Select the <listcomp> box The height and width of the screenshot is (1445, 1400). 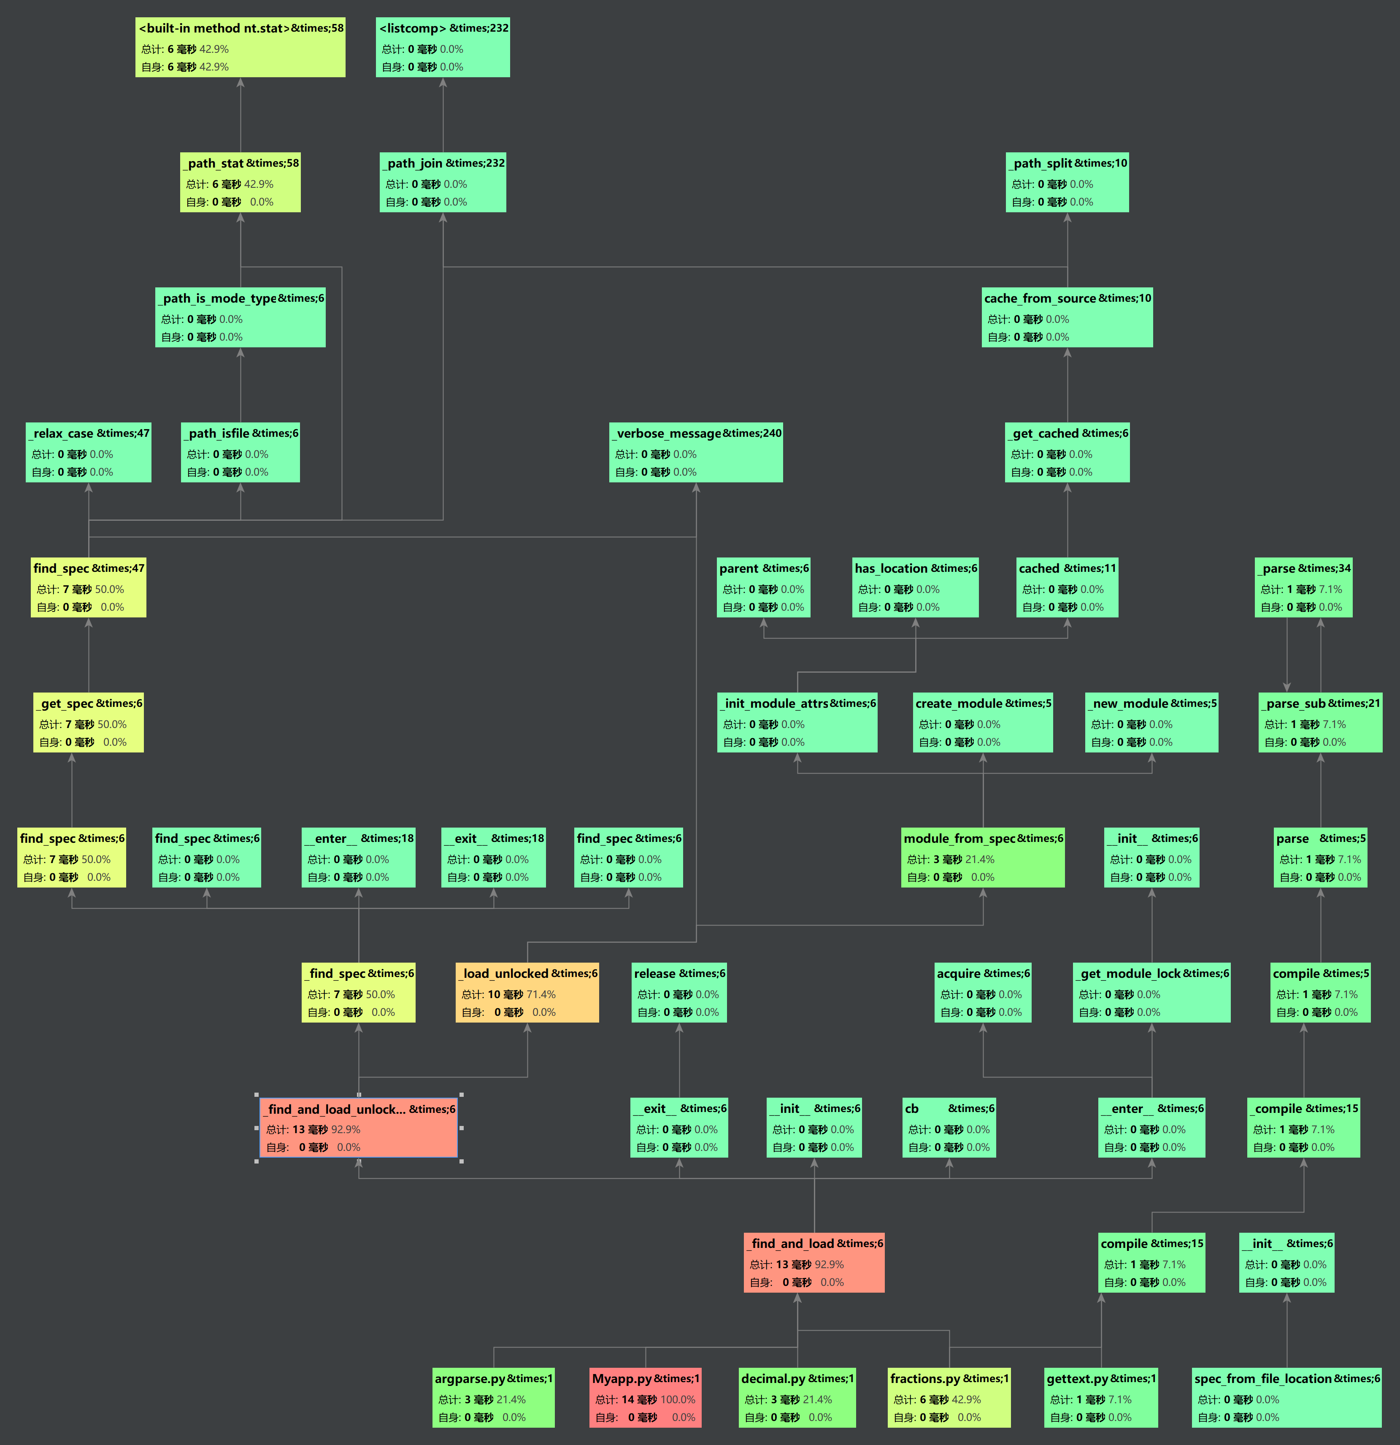442,47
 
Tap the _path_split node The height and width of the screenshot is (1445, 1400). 1067,182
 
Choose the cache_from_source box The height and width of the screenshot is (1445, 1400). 1067,317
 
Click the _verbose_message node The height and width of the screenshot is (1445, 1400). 695,452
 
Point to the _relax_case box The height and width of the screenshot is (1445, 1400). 89,452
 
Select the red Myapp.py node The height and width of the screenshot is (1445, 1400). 645,1398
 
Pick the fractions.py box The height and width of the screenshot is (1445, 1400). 949,1398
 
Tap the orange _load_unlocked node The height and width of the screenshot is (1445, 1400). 527,992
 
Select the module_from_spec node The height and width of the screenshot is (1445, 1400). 983,858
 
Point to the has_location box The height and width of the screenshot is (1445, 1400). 915,587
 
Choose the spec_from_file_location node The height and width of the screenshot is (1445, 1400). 1286,1398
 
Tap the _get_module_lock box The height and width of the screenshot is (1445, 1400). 1151,992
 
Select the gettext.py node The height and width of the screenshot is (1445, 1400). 1101,1398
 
